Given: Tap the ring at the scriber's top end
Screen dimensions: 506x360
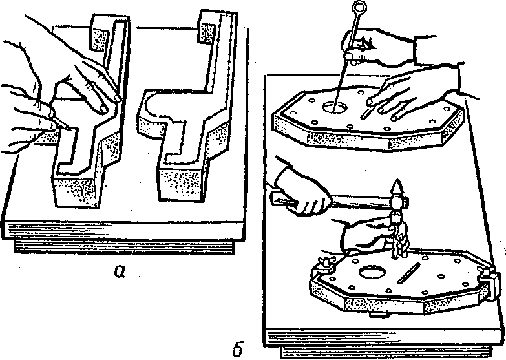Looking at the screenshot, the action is (358, 6).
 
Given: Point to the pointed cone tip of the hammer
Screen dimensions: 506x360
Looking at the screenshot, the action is (397, 185).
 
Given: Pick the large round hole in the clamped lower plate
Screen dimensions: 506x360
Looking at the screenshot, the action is (372, 272).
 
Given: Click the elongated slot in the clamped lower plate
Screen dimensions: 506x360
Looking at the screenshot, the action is (408, 273).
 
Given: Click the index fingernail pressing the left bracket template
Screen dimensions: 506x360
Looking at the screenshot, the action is (103, 109).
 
